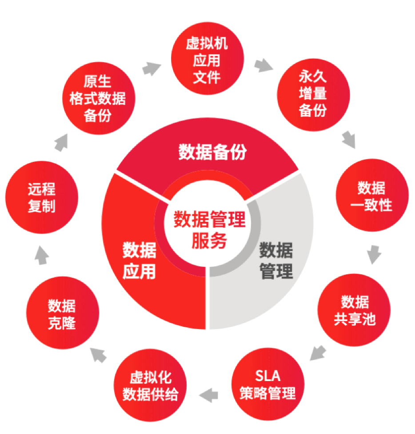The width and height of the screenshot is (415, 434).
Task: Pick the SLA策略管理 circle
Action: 267,384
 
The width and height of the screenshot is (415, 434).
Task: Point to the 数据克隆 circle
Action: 62,314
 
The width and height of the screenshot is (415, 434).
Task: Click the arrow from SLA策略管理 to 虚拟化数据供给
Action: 209,393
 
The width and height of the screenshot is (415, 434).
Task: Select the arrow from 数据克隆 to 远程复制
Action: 41,255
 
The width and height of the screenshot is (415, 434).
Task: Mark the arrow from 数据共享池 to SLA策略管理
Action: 319,352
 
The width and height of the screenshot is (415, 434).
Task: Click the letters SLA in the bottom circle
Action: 267,376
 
